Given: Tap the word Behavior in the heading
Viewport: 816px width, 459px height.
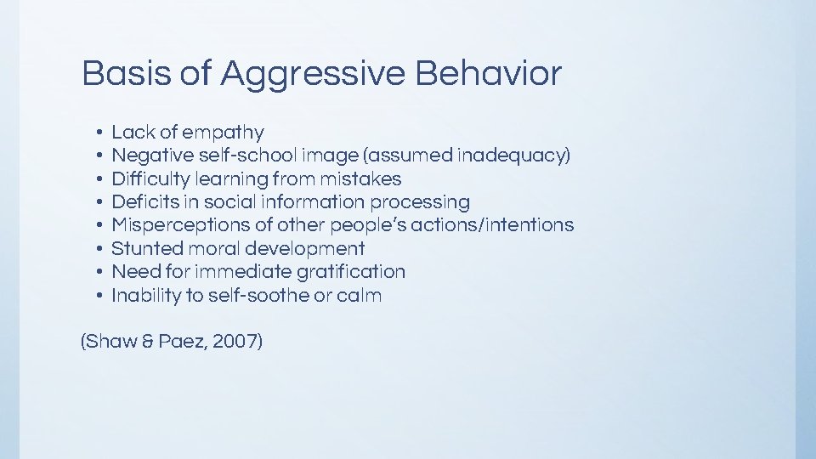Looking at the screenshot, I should [489, 74].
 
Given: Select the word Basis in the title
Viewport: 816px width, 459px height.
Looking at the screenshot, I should [126, 74].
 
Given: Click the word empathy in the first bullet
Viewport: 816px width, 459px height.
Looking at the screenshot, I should [224, 133].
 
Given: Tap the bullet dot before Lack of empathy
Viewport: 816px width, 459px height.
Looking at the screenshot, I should [99, 133].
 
